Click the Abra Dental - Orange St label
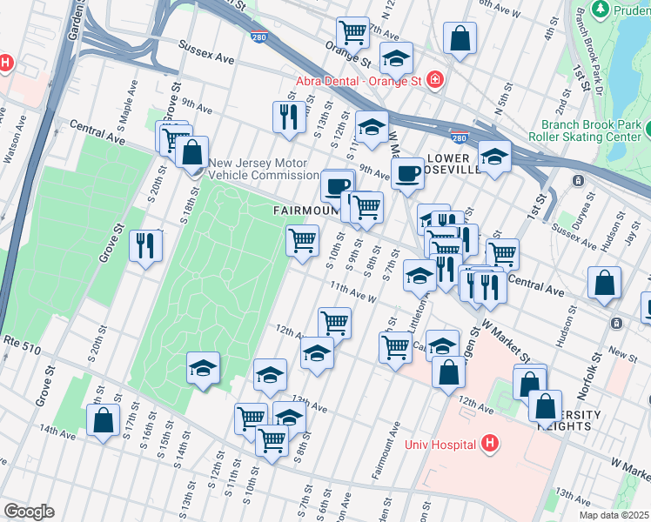(x=370, y=81)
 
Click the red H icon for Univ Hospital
(x=491, y=445)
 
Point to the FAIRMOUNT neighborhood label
(x=305, y=211)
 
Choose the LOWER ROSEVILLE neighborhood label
(x=454, y=164)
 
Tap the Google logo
(x=29, y=512)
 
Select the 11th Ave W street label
(x=352, y=291)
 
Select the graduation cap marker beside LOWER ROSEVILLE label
(x=495, y=157)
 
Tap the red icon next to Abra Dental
(x=434, y=80)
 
